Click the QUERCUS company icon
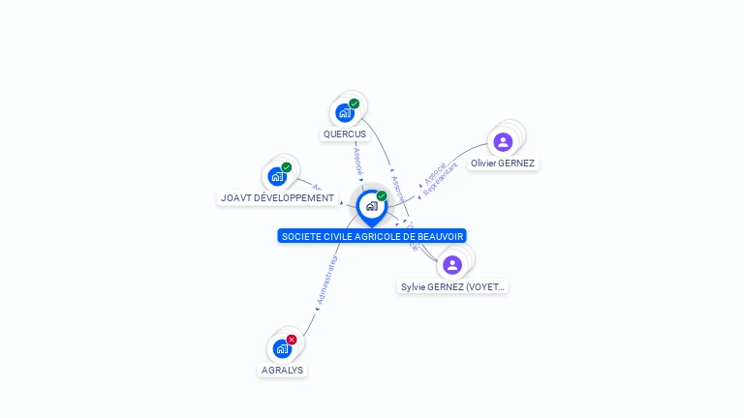345,113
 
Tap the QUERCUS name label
345,134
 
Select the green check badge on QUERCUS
355,104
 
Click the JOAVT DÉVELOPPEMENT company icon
277,177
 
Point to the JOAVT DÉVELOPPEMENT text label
277,198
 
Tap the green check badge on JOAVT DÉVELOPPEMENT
287,167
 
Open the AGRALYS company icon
282,348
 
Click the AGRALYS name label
282,370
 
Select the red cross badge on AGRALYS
292,339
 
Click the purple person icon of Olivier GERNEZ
503,142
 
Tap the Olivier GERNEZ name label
503,164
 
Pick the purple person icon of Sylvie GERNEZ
451,265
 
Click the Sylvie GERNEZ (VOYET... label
453,287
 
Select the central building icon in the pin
371,206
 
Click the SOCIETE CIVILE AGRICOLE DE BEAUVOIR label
372,236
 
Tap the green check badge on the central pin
382,195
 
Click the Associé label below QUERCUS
357,158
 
